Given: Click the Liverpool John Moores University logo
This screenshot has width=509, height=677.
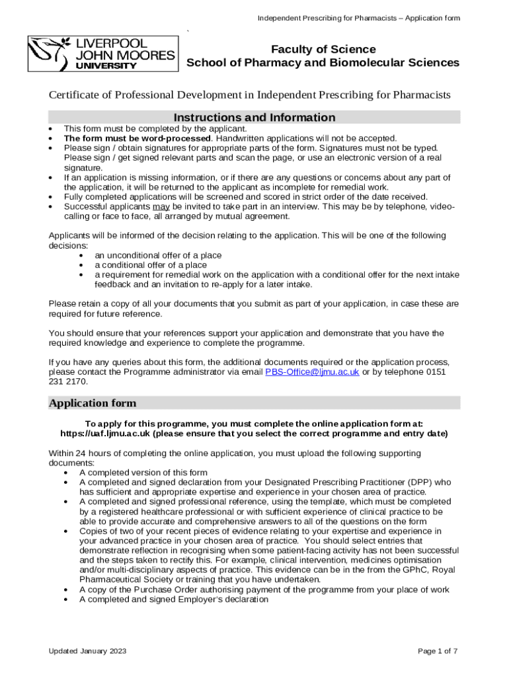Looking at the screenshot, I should coord(102,54).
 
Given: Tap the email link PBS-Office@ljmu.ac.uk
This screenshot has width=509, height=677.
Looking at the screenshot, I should coord(312,372).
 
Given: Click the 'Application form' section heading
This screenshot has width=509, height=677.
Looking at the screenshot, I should coord(93,403).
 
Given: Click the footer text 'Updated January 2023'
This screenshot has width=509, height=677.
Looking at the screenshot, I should coord(87,651).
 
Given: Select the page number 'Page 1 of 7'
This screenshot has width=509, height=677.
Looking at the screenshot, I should coord(438,651).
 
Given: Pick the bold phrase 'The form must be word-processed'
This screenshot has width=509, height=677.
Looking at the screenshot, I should coord(137,138).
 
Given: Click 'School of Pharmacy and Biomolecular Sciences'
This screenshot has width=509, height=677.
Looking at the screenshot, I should coord(323,63).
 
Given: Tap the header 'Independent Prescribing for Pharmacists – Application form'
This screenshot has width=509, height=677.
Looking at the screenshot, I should coord(358,18).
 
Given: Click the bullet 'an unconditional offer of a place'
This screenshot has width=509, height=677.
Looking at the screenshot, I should coord(158,255).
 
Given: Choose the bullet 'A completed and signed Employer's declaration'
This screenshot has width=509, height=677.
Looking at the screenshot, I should coord(174,599).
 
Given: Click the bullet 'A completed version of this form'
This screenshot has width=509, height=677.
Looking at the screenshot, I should coord(143,472).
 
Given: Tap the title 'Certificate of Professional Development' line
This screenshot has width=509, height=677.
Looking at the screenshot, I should coord(250,95).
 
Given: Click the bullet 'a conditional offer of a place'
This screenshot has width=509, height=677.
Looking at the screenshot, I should coord(151,265).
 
